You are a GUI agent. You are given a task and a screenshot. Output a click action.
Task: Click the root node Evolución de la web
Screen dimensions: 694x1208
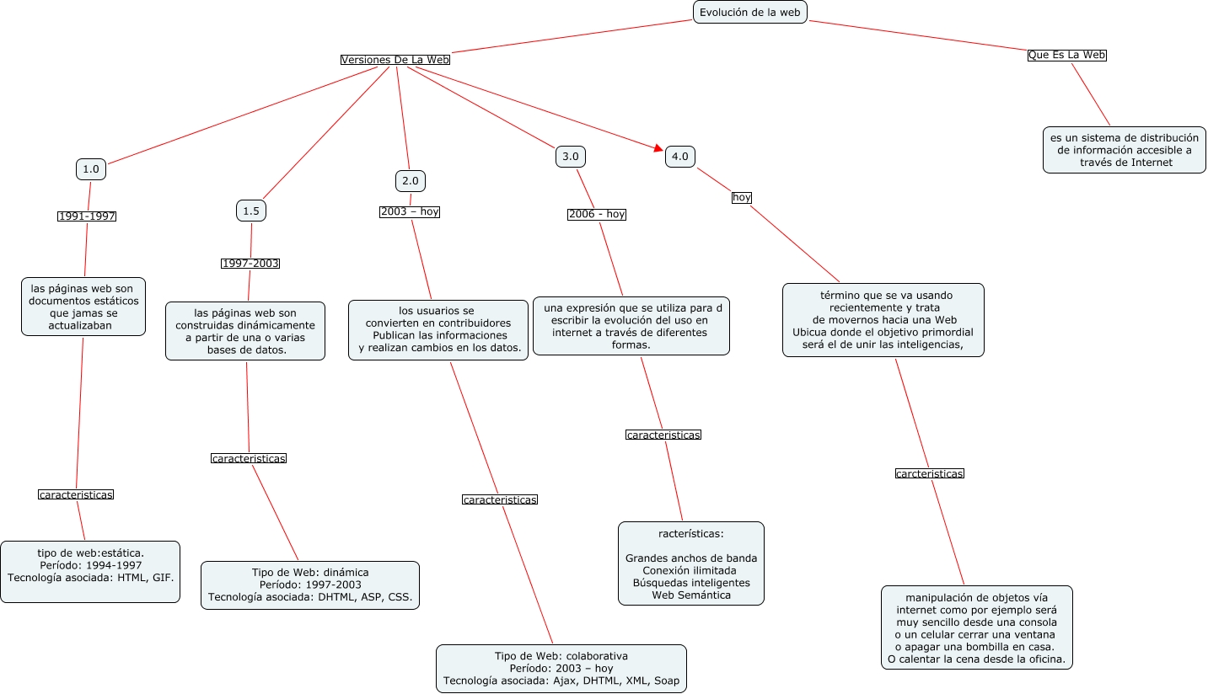click(x=749, y=12)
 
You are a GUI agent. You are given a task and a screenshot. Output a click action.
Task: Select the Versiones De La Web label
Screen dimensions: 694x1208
click(x=395, y=60)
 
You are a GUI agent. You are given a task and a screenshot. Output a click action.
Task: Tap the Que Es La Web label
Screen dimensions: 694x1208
click(x=1066, y=55)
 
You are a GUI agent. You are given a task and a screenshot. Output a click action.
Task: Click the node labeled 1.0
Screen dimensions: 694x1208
click(x=91, y=169)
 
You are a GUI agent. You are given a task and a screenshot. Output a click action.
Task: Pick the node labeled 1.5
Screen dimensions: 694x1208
click(x=251, y=211)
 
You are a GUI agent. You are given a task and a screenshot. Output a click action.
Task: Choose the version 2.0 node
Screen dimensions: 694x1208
click(x=411, y=181)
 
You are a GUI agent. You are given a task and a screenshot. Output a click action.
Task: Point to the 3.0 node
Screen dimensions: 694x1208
click(x=571, y=157)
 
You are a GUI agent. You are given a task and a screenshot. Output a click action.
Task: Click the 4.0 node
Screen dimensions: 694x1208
click(x=680, y=157)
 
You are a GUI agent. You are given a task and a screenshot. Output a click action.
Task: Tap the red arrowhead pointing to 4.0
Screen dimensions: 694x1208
click(x=658, y=148)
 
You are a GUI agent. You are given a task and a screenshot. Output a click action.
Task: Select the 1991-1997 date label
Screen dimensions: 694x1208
click(x=87, y=216)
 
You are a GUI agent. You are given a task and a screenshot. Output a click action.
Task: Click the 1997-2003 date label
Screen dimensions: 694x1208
click(x=250, y=264)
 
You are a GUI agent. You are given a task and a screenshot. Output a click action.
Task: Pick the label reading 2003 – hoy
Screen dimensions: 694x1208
click(x=410, y=212)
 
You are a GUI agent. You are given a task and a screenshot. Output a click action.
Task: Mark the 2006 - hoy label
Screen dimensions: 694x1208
click(x=597, y=214)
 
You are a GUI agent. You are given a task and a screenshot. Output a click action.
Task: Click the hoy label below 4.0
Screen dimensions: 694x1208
click(x=742, y=197)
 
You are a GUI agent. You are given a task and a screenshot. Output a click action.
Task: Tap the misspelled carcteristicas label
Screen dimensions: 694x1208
click(x=929, y=473)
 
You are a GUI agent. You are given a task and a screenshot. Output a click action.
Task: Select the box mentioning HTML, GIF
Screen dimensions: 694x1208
click(x=90, y=572)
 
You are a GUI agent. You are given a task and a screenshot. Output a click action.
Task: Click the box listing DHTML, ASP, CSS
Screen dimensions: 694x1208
click(x=310, y=585)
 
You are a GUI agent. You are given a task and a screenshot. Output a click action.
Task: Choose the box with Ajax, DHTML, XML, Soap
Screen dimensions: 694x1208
click(x=561, y=669)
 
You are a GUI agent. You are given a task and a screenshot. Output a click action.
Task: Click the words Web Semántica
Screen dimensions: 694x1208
click(x=691, y=595)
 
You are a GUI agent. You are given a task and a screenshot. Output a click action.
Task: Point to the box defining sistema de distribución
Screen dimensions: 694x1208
click(x=1125, y=150)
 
